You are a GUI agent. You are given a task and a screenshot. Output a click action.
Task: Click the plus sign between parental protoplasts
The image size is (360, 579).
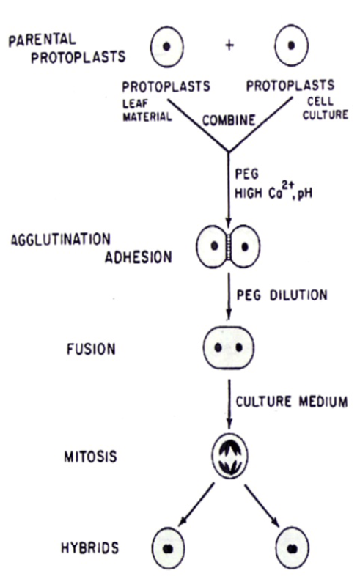(x=229, y=45)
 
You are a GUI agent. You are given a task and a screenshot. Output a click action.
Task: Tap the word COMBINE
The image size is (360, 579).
(x=229, y=120)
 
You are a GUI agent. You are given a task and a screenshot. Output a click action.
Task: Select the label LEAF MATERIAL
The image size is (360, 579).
(x=147, y=110)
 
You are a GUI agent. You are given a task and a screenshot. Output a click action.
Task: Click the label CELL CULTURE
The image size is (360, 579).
(x=326, y=108)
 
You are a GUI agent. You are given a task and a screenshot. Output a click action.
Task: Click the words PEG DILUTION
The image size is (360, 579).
(x=282, y=295)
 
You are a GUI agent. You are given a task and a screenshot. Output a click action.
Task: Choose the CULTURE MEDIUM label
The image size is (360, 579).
(x=292, y=402)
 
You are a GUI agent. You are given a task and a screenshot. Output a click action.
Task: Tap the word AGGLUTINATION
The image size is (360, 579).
(x=61, y=239)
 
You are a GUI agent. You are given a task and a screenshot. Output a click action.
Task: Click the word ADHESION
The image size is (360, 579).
(x=139, y=257)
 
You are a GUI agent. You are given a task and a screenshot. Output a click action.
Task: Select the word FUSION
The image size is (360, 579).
(x=91, y=349)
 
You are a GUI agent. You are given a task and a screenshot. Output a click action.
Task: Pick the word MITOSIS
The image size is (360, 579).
(x=90, y=457)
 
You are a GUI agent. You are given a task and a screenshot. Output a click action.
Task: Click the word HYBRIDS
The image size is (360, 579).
(x=90, y=547)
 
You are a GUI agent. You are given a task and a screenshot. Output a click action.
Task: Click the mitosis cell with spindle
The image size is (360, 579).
(x=229, y=457)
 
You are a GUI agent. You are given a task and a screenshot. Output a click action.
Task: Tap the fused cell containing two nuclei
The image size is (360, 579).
(x=228, y=348)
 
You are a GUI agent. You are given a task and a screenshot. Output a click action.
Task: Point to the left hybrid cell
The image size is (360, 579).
(x=168, y=548)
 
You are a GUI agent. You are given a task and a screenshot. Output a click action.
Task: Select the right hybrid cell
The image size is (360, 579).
(x=293, y=548)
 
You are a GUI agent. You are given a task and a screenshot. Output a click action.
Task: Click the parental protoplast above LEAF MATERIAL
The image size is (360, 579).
(x=167, y=46)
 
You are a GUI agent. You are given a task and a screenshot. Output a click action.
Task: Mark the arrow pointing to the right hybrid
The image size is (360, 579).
(x=262, y=505)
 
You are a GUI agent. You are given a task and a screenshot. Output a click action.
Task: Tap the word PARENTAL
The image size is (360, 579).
(x=42, y=40)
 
